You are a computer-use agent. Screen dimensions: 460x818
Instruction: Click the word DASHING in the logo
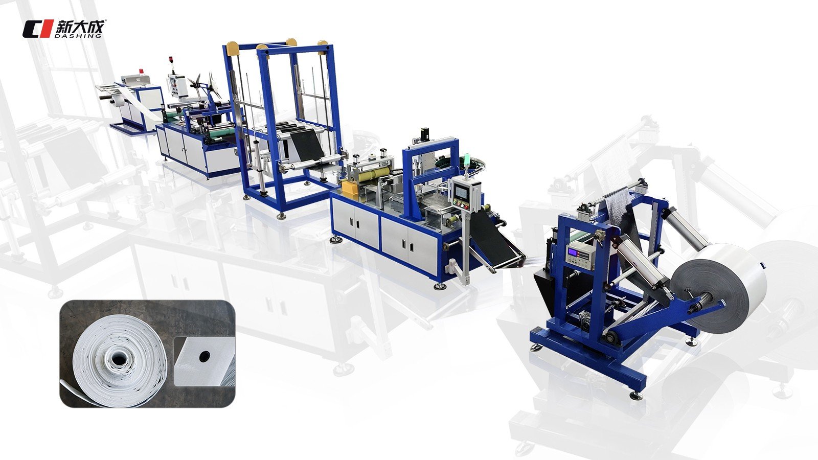point(77,36)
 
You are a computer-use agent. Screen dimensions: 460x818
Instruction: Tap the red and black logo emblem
point(37,29)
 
